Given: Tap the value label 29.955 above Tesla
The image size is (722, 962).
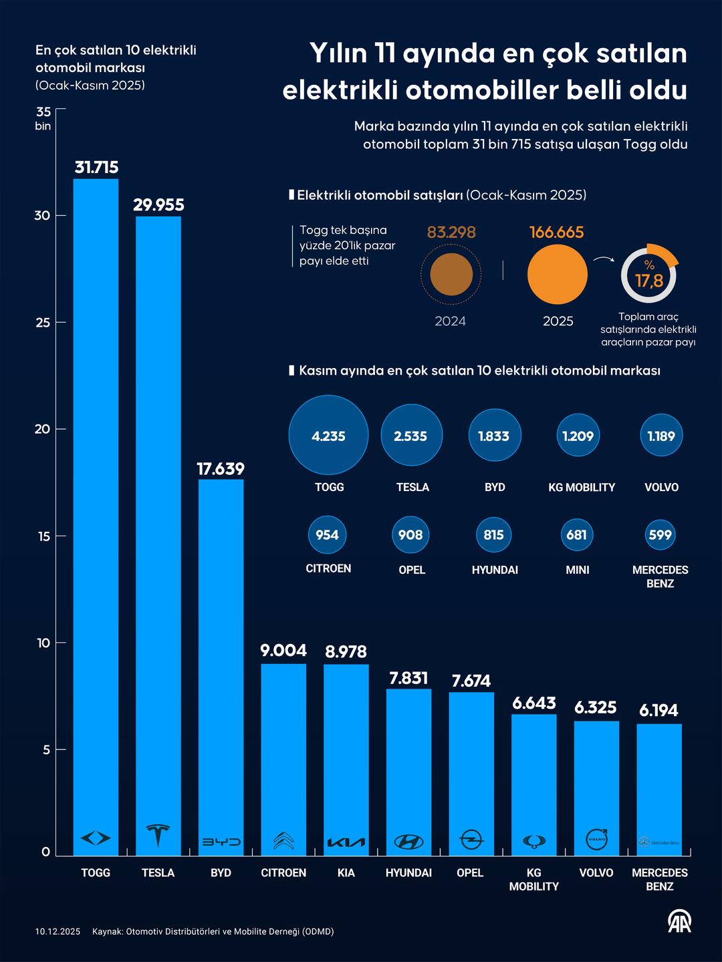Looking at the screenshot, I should (158, 205).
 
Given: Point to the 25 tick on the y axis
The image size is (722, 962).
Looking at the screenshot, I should (43, 322).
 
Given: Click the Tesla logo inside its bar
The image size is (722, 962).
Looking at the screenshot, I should (158, 836).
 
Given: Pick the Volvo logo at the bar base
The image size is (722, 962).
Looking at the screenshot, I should (596, 839).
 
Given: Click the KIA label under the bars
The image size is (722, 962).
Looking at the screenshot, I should (346, 872).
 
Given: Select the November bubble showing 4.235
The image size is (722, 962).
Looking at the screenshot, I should (328, 436).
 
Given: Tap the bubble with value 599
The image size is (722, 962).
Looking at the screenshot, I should (660, 534).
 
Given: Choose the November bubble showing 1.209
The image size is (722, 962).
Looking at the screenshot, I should (578, 436).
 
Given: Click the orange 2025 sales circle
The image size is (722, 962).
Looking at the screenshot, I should (558, 275).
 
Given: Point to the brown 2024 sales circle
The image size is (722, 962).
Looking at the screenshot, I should (451, 275).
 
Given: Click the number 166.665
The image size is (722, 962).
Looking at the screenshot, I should (557, 232).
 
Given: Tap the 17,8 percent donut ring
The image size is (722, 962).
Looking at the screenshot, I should (648, 275).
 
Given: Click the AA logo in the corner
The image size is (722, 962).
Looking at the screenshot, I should (679, 921).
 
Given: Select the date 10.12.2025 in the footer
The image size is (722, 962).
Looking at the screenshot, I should (58, 931).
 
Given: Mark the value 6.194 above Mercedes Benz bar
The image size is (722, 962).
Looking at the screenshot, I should (658, 710).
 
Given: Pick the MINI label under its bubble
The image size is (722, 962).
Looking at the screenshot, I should (578, 570).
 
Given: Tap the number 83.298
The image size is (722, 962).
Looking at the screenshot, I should (451, 232).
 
